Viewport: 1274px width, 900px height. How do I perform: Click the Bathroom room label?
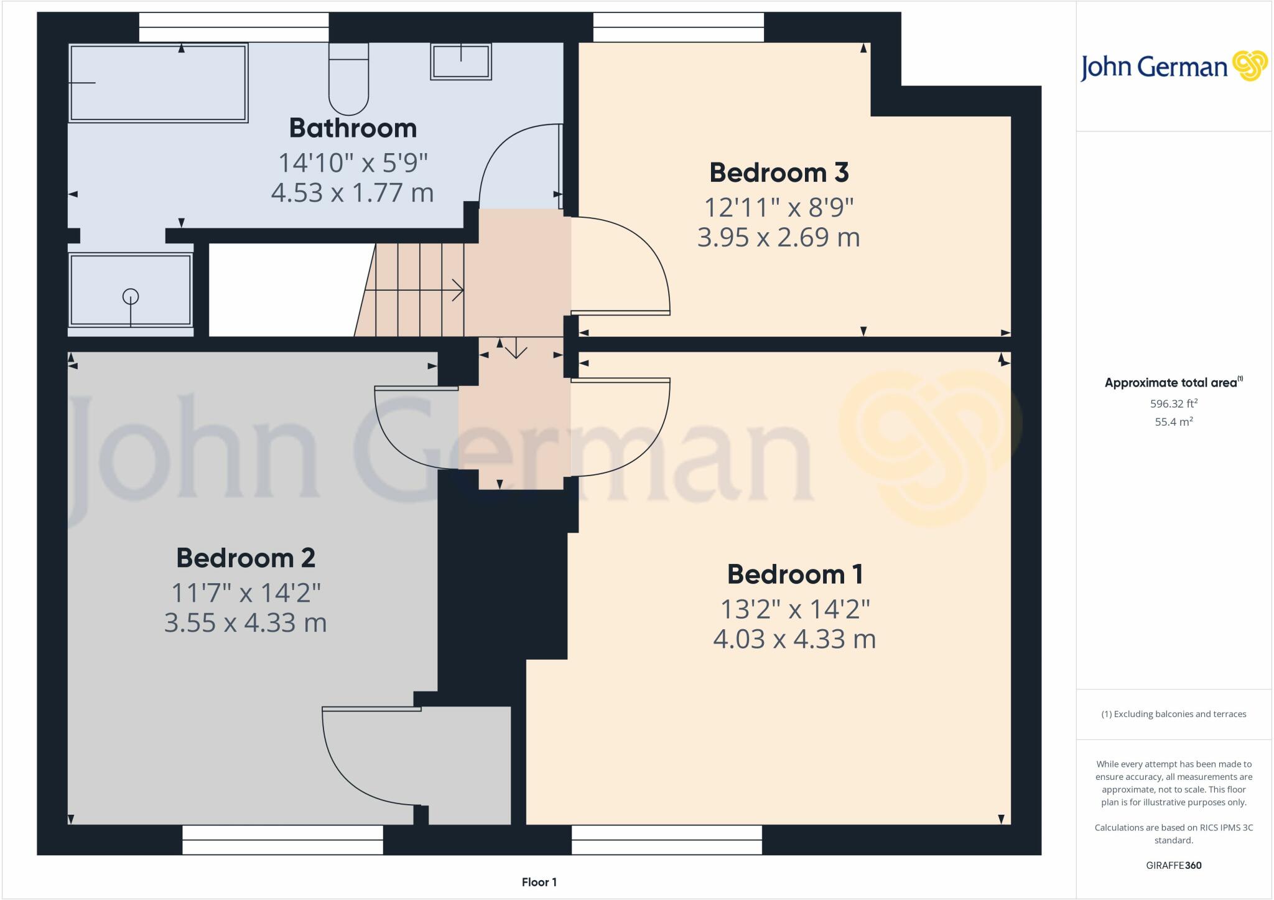353,128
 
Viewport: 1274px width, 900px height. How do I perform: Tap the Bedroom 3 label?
779,172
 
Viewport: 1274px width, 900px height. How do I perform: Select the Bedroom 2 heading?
246,558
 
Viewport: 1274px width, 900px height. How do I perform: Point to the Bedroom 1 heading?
795,574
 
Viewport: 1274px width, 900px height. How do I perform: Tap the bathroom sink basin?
461,62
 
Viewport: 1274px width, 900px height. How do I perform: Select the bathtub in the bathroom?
158,83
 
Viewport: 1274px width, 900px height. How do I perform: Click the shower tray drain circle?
131,296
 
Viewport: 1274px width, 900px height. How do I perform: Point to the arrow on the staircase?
457,290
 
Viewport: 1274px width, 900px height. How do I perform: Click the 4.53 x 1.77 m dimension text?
352,193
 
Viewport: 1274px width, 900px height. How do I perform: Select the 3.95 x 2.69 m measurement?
778,238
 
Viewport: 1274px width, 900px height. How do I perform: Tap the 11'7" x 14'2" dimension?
246,593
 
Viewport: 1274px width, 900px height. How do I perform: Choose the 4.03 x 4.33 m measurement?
794,639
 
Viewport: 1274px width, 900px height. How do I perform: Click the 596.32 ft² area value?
1174,403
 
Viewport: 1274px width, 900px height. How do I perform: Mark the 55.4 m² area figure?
1174,422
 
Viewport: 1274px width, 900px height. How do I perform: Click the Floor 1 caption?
539,882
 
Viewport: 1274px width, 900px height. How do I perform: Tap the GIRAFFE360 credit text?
1174,865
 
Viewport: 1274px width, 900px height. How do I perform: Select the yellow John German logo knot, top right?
1250,65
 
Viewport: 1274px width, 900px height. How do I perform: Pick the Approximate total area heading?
1173,383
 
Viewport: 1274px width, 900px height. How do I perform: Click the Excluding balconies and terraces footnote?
1174,714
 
